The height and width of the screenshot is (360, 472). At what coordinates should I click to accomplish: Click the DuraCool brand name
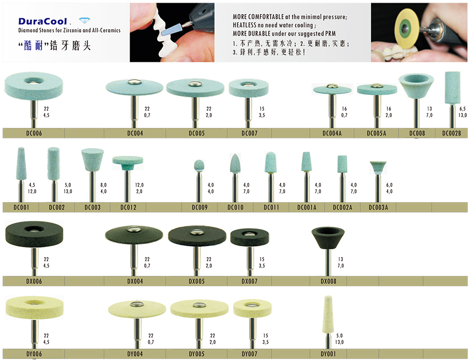(42, 21)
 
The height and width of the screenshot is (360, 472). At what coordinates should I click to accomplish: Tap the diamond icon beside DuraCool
(84, 20)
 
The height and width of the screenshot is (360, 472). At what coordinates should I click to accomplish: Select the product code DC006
(34, 133)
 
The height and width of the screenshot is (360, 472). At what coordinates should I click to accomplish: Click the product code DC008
(417, 133)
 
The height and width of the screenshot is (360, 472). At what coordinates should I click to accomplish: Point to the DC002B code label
(452, 133)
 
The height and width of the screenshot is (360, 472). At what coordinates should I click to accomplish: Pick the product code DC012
(128, 207)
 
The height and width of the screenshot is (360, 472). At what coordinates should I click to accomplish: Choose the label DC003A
(378, 207)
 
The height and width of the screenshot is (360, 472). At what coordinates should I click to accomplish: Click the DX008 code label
(328, 281)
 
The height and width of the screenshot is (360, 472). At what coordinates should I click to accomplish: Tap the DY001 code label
(328, 354)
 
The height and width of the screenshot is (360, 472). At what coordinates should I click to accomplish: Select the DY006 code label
(34, 354)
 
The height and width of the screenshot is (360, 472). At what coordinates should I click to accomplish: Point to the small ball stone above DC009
(199, 166)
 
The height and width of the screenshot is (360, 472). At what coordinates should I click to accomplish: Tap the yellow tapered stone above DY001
(328, 314)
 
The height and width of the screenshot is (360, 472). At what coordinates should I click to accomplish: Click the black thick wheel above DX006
(34, 235)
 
